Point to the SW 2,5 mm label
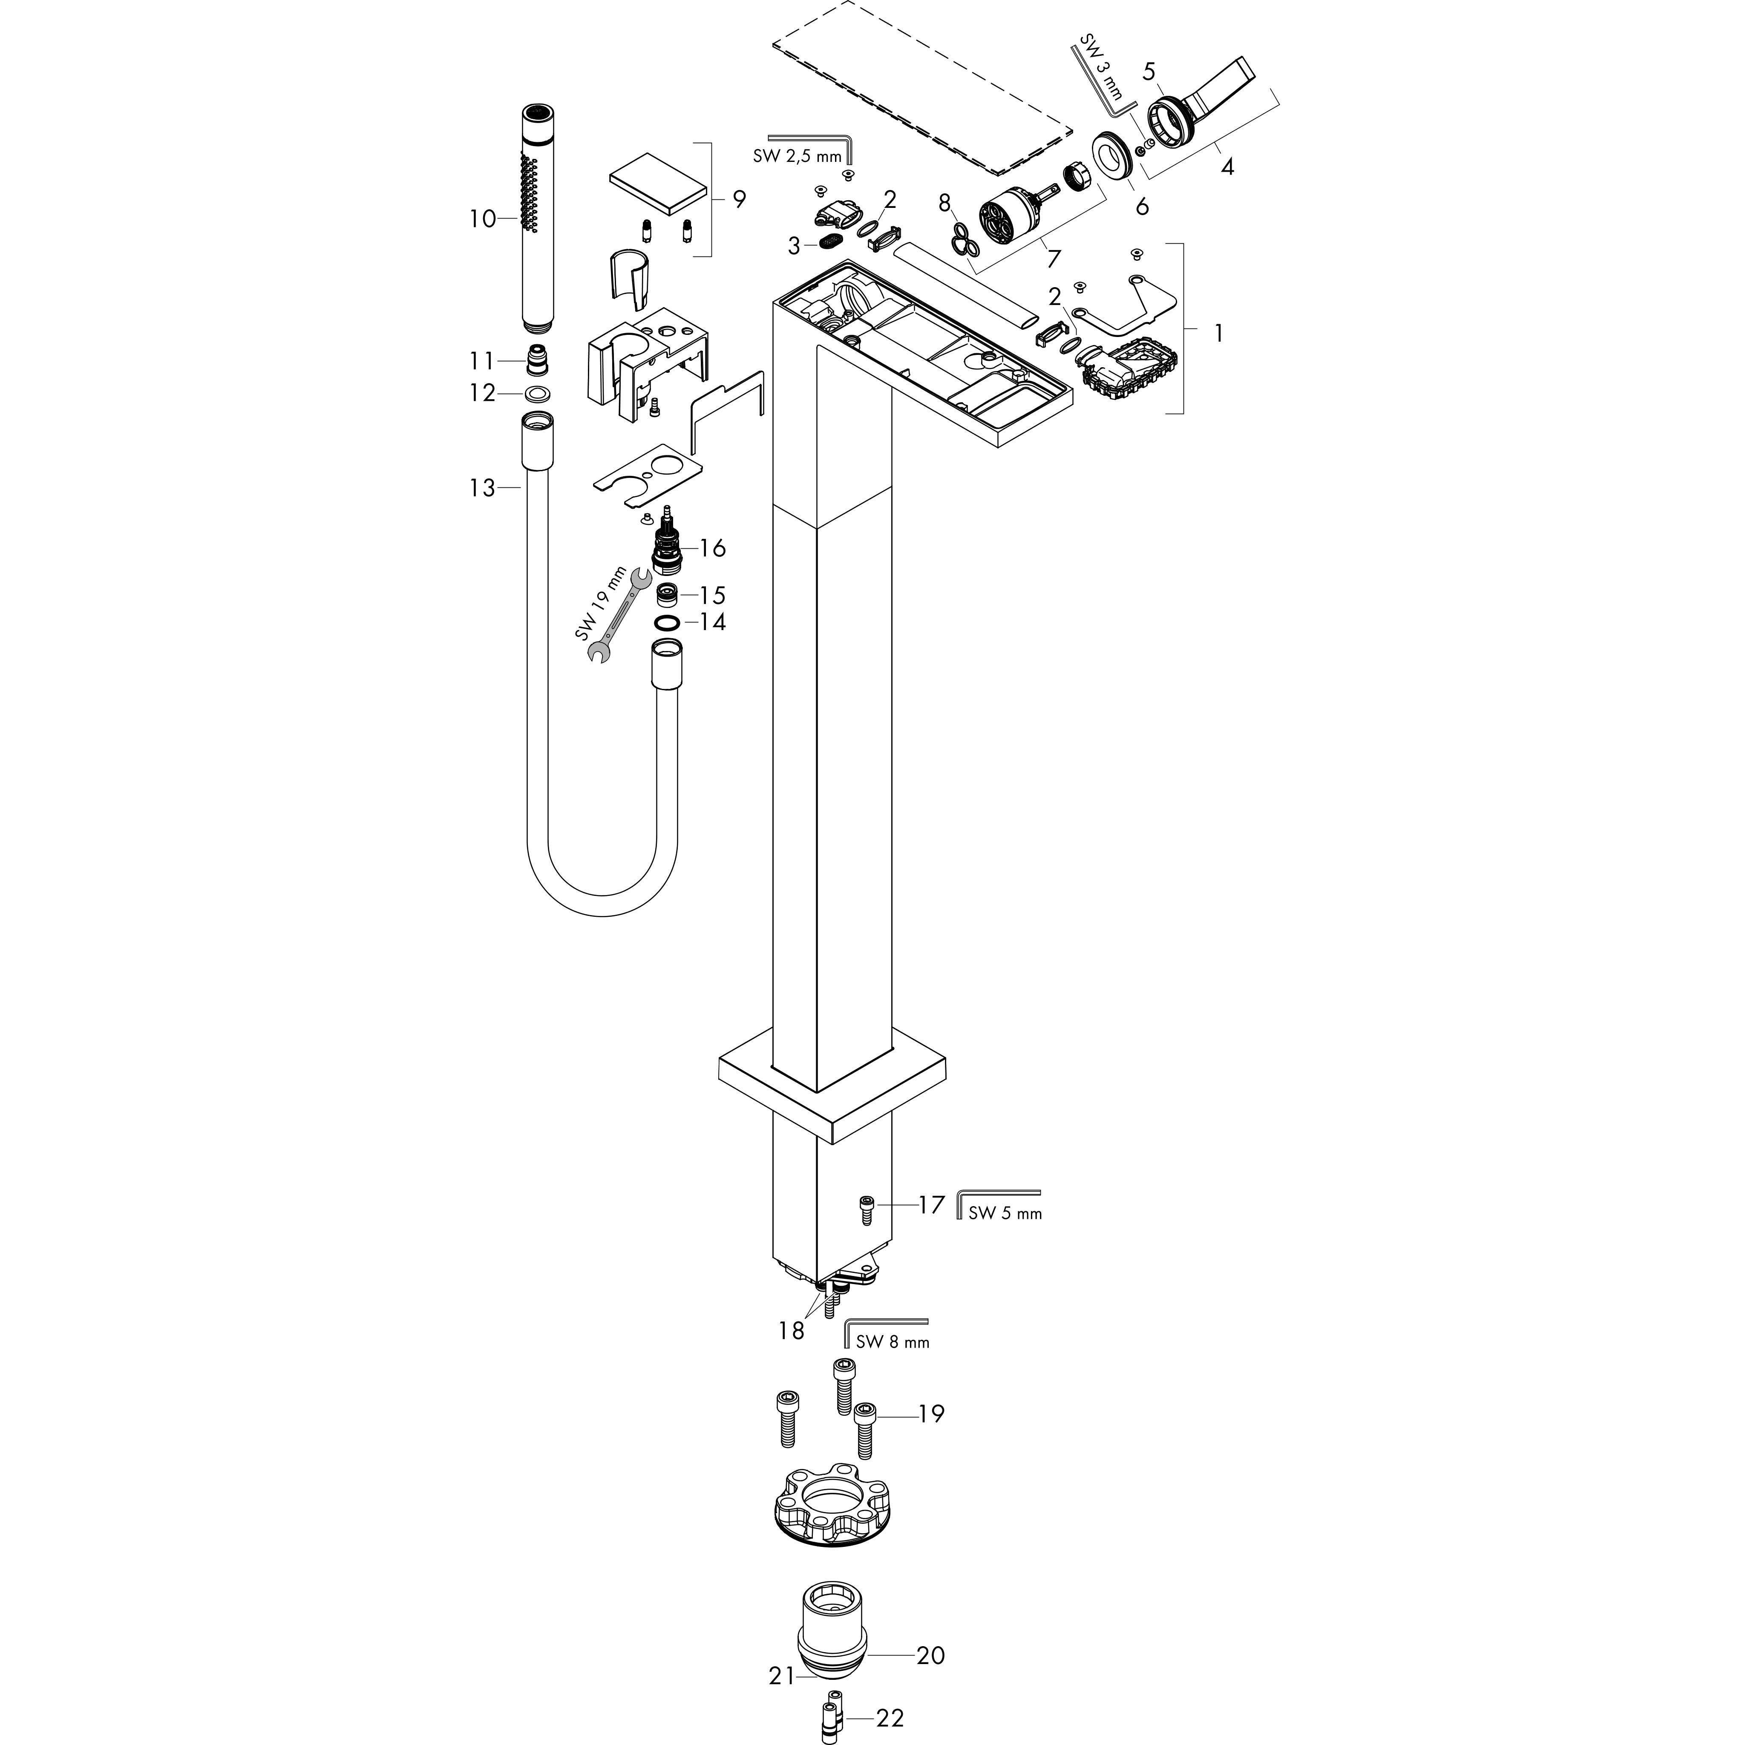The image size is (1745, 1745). pos(796,156)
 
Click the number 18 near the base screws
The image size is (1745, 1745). pos(791,1330)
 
